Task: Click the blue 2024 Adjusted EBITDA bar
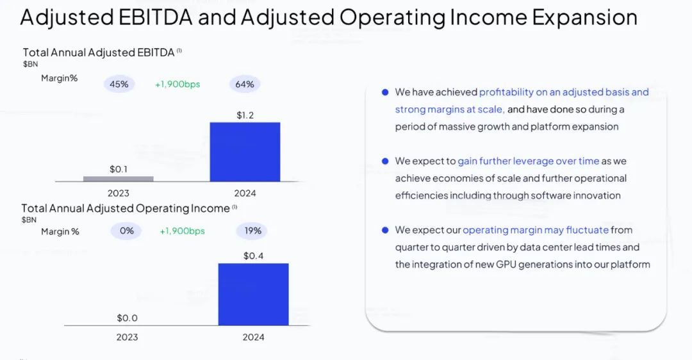[245, 152]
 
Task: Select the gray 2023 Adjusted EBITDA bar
[119, 179]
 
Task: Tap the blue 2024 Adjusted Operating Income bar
[253, 294]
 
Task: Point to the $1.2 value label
[245, 115]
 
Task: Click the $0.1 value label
[119, 169]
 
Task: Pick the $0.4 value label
[253, 256]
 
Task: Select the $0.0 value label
[127, 318]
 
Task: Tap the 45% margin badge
[119, 84]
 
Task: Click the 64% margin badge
[245, 84]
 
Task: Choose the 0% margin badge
[127, 231]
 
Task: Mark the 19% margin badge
[252, 231]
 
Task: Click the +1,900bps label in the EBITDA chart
[177, 84]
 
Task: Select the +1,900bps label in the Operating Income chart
[182, 231]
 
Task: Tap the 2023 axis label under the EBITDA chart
[119, 193]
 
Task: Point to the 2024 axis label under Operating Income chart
[253, 337]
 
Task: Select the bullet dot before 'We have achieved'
[385, 92]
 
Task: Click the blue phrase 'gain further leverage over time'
[529, 161]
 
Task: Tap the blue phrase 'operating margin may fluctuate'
[536, 230]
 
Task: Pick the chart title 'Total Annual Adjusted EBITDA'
[99, 53]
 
